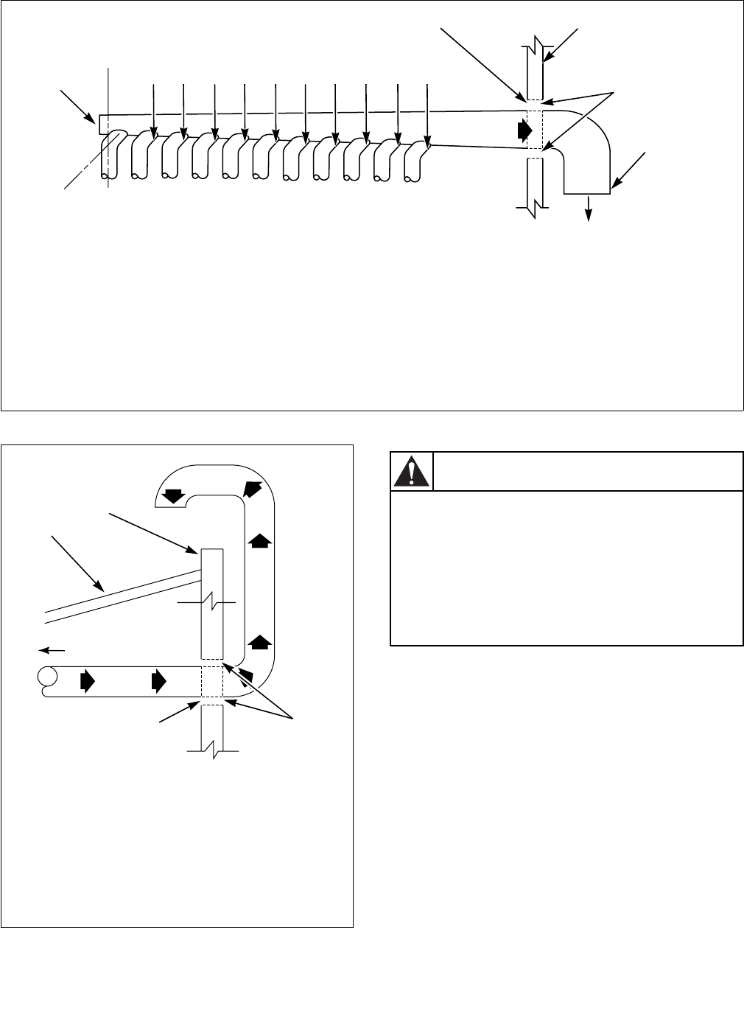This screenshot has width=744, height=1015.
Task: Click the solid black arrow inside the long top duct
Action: click(524, 130)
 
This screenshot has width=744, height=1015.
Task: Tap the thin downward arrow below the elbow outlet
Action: click(589, 209)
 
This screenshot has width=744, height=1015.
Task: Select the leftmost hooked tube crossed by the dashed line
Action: click(111, 156)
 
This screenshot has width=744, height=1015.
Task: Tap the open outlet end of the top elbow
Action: click(586, 193)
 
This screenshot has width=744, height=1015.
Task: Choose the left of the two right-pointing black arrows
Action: click(88, 681)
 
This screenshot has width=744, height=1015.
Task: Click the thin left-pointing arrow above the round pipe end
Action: click(51, 650)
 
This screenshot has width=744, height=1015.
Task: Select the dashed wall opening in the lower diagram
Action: click(211, 681)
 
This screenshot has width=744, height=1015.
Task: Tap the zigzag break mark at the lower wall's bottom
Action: click(212, 750)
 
